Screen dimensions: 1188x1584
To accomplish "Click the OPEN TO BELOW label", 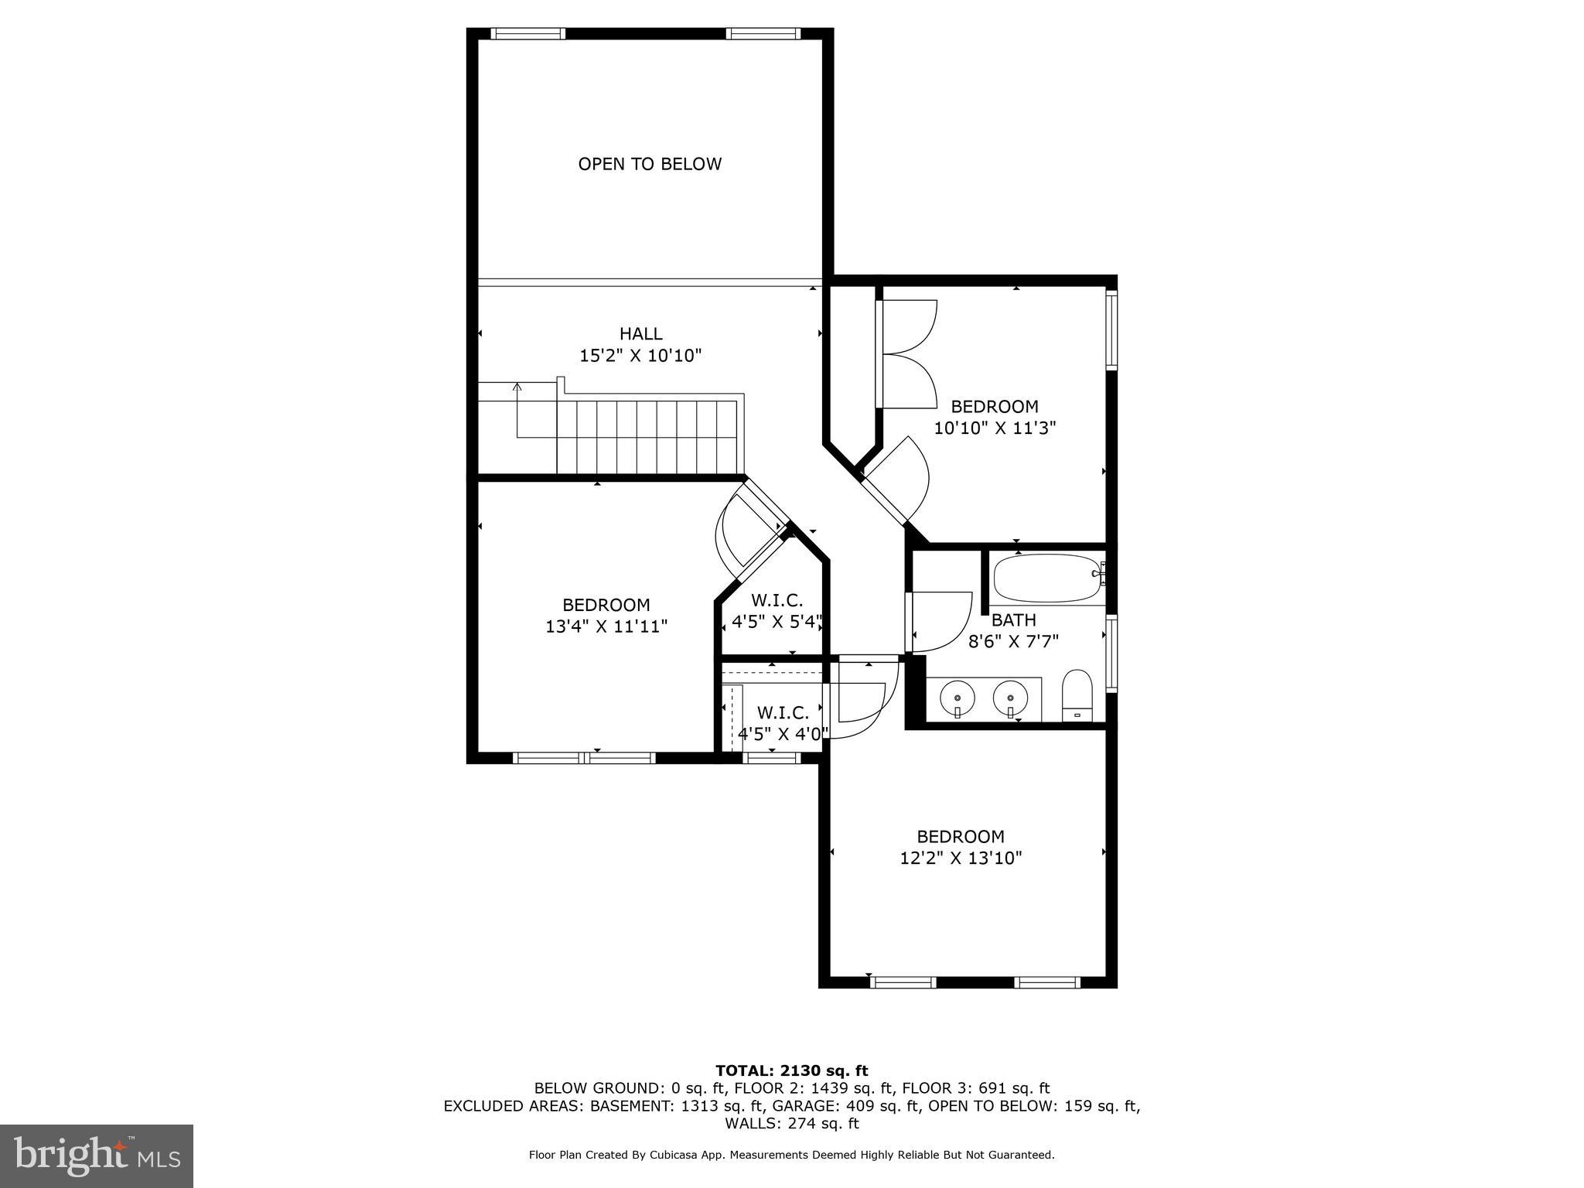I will pos(650,164).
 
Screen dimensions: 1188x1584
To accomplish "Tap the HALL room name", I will pos(640,333).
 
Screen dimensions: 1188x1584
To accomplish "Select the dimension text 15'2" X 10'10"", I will pos(640,356).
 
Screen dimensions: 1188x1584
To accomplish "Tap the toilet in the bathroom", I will pos(1076,694).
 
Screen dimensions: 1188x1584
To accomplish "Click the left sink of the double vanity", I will pos(958,698).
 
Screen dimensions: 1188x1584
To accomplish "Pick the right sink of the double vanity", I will pos(1010,698).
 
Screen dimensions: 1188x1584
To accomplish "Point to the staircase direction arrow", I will pos(517,387).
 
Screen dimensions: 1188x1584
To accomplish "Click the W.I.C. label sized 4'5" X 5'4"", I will pos(777,600).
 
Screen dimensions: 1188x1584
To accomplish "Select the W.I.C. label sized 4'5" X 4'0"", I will pos(783,712).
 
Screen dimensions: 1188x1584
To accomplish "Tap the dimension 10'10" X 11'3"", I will pos(995,428).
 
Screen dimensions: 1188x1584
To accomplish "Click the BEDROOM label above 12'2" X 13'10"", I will pos(961,836).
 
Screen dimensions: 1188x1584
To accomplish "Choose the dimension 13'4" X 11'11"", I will pos(606,626).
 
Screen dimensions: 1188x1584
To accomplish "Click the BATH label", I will pos(1013,620).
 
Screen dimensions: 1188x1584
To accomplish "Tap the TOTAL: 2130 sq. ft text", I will pos(791,1070).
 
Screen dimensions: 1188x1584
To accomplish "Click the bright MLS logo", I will pos(97,1156).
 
